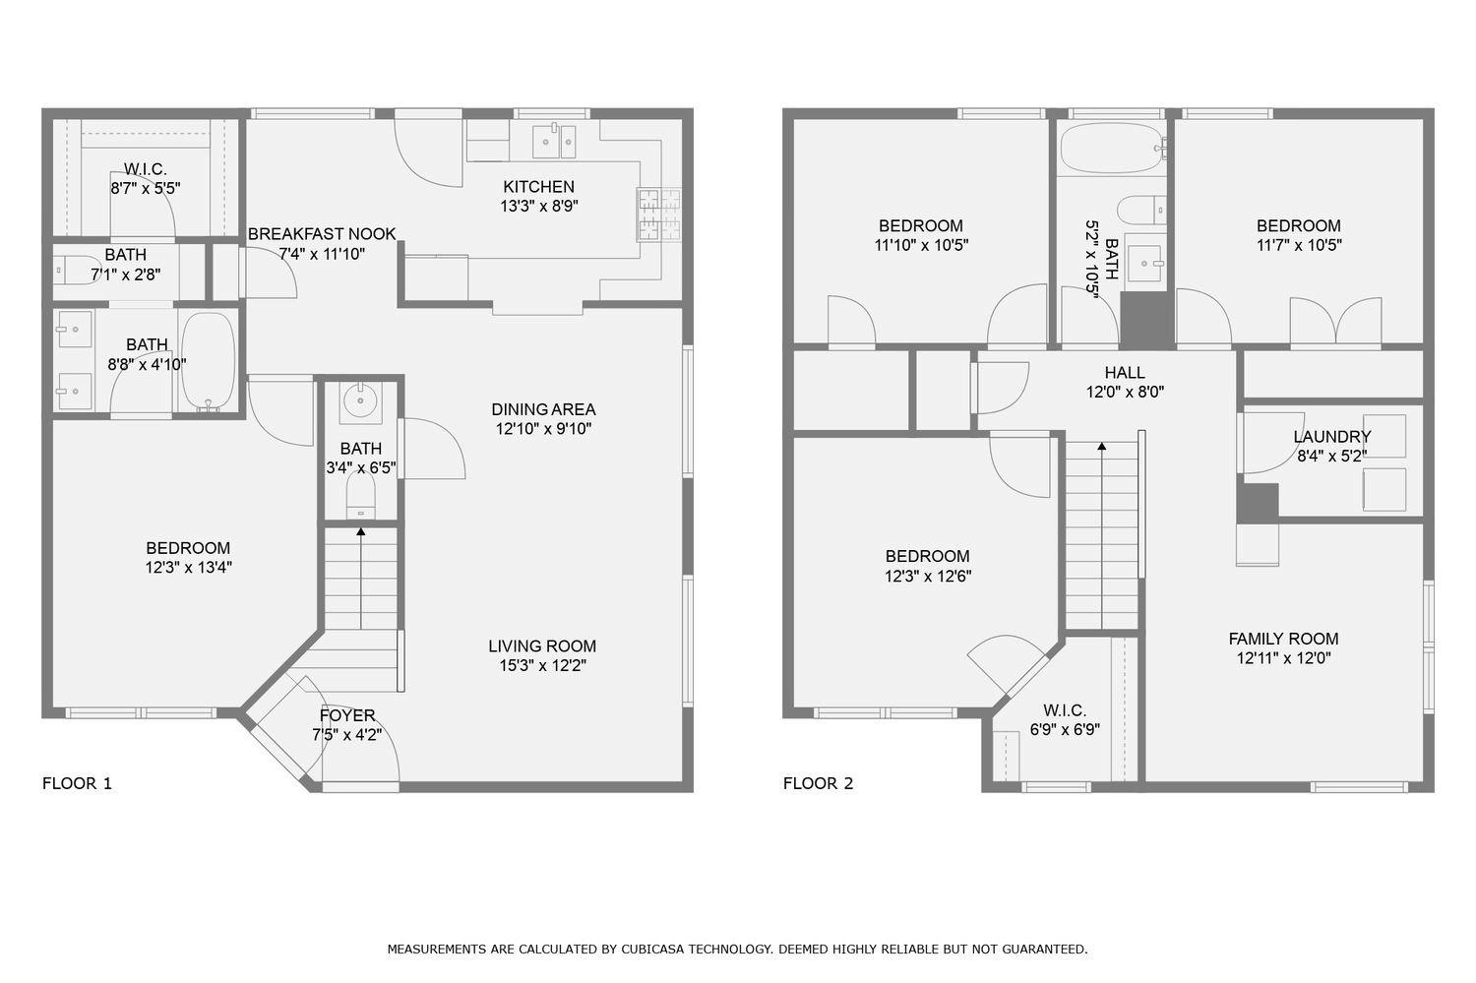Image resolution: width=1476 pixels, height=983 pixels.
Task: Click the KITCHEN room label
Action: [538, 187]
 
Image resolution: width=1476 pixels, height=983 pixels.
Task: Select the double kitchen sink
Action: [553, 142]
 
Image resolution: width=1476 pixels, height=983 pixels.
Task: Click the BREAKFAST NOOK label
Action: [322, 234]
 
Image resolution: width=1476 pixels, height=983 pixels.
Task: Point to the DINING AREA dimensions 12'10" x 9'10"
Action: [543, 429]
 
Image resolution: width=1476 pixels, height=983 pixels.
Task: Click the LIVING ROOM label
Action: [542, 646]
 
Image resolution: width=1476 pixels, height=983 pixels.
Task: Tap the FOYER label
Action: [346, 715]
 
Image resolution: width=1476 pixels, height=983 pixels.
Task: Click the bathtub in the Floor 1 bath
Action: [208, 360]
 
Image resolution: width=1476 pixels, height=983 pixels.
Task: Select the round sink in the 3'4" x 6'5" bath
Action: [360, 399]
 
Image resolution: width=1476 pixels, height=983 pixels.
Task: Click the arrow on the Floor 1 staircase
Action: [361, 532]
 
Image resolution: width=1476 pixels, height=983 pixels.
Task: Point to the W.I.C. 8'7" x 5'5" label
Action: [146, 178]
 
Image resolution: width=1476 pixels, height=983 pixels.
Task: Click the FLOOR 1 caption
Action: [77, 783]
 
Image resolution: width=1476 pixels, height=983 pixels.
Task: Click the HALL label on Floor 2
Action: [1124, 373]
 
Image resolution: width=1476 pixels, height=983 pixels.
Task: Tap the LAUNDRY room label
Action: [1331, 437]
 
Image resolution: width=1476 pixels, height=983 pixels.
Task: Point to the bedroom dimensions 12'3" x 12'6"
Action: [927, 577]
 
